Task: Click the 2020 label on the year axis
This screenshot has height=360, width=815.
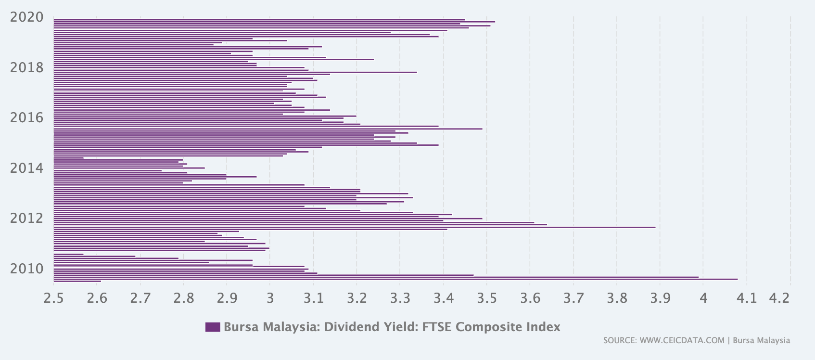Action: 26,17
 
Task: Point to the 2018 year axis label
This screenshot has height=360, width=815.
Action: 26,68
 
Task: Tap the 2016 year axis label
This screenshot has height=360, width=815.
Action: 26,118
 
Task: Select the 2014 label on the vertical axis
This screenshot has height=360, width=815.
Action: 26,168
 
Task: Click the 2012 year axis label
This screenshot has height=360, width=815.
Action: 26,219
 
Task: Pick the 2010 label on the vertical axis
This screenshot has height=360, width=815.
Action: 26,269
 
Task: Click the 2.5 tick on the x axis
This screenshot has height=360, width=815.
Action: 53,298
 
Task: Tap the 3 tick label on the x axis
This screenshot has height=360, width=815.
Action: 270,298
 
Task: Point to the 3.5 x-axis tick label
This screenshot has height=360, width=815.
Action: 486,298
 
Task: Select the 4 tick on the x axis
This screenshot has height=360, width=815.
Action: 703,298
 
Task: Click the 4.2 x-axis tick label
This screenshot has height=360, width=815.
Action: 779,298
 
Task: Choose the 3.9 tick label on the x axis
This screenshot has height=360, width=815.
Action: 660,298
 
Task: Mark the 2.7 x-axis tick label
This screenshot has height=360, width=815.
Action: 140,298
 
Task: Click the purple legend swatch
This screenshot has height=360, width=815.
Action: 212,327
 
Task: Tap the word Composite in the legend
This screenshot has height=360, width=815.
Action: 489,327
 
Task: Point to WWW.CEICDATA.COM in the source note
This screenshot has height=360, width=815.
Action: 682,341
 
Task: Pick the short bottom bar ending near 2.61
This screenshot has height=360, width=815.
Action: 77,281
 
